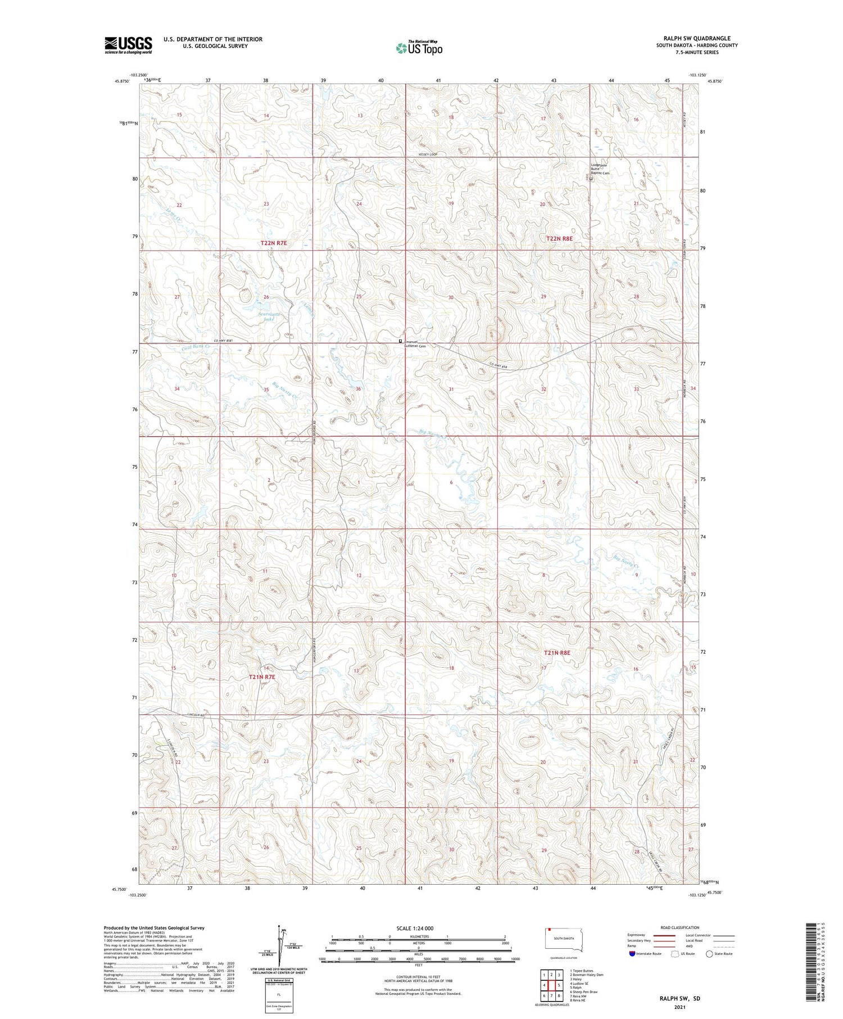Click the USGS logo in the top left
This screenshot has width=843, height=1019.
click(128, 45)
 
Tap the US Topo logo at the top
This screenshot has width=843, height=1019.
click(419, 48)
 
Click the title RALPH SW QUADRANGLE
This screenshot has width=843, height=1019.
click(697, 38)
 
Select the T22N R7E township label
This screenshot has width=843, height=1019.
click(274, 243)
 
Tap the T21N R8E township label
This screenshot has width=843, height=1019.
click(557, 653)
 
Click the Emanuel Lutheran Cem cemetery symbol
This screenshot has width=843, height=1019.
click(401, 341)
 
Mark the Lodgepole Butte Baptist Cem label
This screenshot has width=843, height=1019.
click(600, 169)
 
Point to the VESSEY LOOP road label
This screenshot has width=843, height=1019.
click(427, 154)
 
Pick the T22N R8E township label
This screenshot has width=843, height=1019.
click(559, 238)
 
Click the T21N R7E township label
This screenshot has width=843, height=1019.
click(262, 677)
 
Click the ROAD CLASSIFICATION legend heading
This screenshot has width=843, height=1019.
click(680, 927)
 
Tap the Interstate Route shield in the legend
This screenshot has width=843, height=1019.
click(632, 954)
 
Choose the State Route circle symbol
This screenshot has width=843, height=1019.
click(709, 954)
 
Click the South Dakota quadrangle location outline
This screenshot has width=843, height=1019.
click(564, 939)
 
